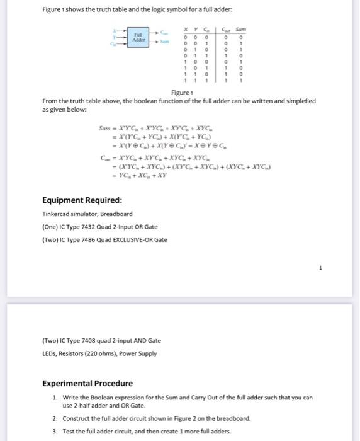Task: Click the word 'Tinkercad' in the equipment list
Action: [x=55, y=214]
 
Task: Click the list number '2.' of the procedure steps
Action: [x=55, y=418]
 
